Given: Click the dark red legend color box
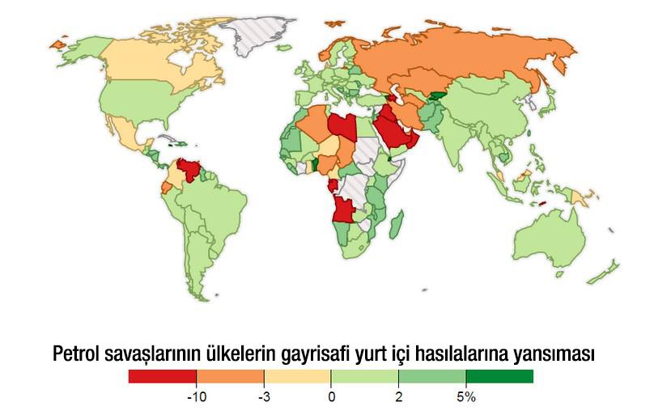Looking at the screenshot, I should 162,376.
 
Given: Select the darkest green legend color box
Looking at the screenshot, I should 499,376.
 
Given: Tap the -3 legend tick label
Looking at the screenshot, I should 263,397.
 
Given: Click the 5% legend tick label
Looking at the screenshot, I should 466,397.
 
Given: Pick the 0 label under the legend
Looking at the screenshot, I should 330,397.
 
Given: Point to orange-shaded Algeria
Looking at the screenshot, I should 316,125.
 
